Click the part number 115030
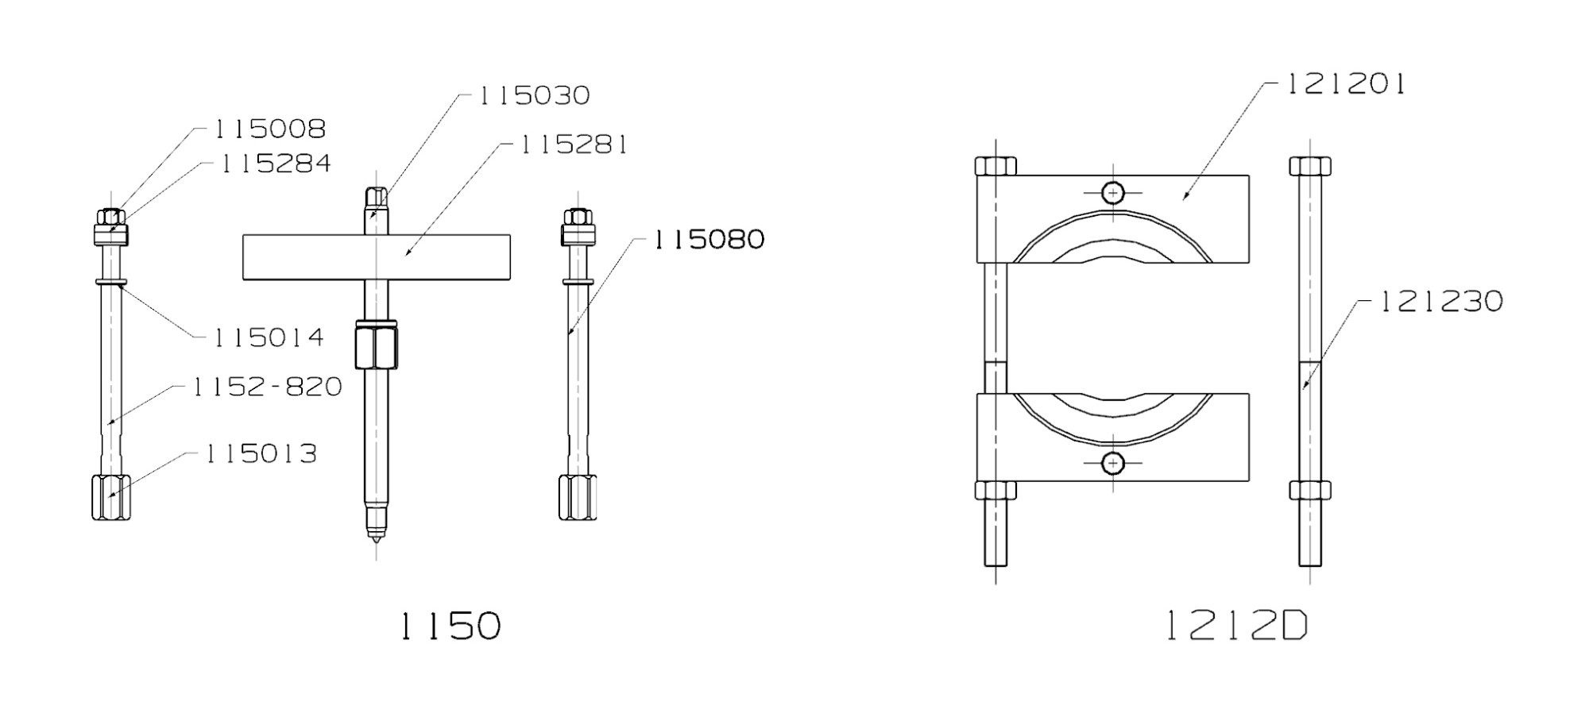[534, 96]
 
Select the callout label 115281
[574, 145]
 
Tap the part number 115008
[269, 129]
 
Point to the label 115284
[275, 164]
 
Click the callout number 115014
[269, 338]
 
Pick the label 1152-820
[267, 387]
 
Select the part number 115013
[261, 454]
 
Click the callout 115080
[709, 240]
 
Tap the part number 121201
[1345, 84]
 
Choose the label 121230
[1441, 302]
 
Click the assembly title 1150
[450, 626]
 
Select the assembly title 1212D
[1237, 626]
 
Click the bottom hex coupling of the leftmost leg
[111, 497]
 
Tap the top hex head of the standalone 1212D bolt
[1310, 166]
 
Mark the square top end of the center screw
[376, 196]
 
